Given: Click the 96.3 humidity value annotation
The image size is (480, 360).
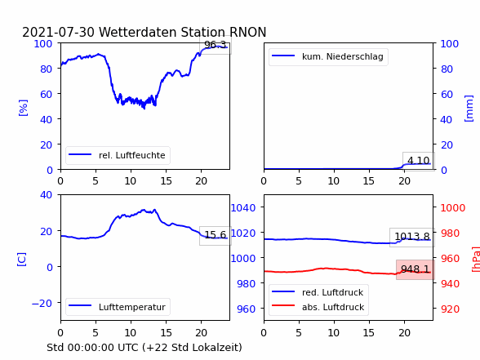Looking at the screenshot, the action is tap(216, 45).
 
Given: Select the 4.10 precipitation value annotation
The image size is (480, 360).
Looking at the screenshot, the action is tap(419, 161).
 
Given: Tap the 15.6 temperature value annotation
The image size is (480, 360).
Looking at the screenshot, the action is tap(216, 235).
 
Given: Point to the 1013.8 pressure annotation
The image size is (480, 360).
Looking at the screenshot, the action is tap(412, 237).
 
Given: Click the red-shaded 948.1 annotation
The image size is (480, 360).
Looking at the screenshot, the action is tap(416, 269).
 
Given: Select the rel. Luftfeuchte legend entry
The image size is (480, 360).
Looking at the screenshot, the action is tap(118, 155).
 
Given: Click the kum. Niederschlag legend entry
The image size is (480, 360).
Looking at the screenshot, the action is tap(328, 56).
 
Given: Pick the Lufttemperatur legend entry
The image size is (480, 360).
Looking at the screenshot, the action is tap(118, 307).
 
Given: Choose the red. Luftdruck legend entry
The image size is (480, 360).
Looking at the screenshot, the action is tap(318, 292).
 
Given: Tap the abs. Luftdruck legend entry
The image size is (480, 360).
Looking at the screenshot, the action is tap(318, 307).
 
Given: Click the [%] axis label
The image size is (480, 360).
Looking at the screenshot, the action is tap(23, 108).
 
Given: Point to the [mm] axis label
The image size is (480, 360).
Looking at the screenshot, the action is tap(469, 109).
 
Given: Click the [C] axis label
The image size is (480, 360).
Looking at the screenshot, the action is tap(22, 260).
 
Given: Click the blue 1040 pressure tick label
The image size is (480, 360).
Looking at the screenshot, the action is tap(243, 208).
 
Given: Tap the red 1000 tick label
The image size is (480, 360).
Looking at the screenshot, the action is tap(453, 208).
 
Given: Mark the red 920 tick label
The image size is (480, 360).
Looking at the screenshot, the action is tap(451, 309).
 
